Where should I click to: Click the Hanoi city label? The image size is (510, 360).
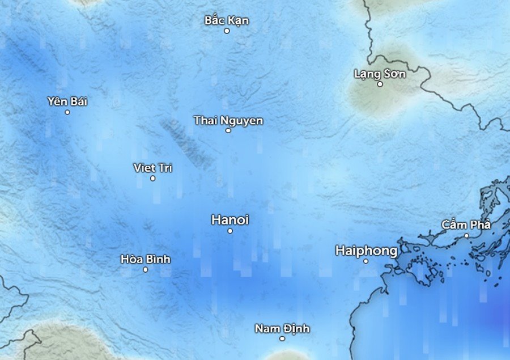(x=229, y=220)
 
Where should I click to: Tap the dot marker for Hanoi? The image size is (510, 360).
(x=230, y=231)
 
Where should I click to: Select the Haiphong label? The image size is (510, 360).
(x=366, y=251)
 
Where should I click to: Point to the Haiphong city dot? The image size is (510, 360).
(x=365, y=261)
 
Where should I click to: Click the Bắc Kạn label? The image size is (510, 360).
(x=227, y=21)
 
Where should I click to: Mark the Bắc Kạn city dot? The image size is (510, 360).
(x=227, y=31)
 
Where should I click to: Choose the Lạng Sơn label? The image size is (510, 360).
(x=380, y=74)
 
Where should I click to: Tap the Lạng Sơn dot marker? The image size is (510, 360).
(x=380, y=84)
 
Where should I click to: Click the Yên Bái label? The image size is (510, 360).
(x=67, y=101)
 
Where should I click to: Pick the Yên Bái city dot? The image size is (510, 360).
(x=67, y=112)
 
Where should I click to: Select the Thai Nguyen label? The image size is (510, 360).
(x=228, y=120)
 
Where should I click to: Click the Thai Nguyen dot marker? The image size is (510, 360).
(x=228, y=130)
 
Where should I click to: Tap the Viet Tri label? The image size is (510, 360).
(x=152, y=168)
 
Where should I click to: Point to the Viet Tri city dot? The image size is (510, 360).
(x=152, y=179)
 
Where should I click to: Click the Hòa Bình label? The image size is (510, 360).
(x=146, y=259)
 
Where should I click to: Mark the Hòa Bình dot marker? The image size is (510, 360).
(x=146, y=269)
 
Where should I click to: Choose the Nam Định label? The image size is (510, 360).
(x=282, y=329)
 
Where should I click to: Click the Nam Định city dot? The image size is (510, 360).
(x=282, y=338)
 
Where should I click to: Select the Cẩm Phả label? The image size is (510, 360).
(x=466, y=225)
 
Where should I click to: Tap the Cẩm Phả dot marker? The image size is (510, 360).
(x=466, y=235)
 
